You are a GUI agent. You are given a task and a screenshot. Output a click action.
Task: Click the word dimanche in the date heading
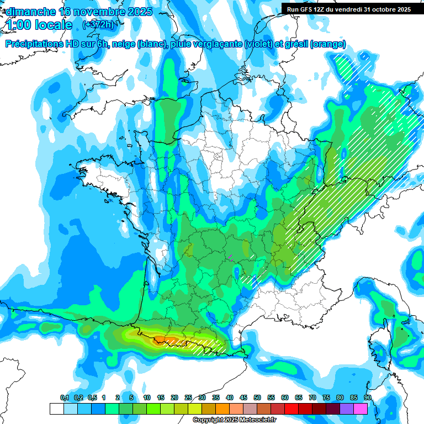tap(30, 12)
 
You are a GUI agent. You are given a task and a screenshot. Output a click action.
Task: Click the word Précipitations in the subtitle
tap(33, 44)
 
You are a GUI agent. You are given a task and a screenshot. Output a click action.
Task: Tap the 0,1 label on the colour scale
tap(65, 397)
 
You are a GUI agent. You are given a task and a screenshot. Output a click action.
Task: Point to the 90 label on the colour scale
tap(368, 397)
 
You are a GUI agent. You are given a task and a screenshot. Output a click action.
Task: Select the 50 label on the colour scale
tap(257, 397)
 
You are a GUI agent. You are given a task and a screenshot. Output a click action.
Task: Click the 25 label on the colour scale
tap(188, 397)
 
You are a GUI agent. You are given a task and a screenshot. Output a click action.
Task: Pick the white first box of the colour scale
tap(56, 409)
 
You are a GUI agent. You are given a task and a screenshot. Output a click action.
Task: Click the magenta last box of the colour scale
tap(361, 409)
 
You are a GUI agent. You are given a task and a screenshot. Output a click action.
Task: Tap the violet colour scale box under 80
tap(347, 409)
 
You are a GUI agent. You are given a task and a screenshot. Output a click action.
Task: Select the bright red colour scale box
tap(291, 409)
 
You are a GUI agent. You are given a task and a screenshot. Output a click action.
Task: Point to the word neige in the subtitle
tap(123, 44)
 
